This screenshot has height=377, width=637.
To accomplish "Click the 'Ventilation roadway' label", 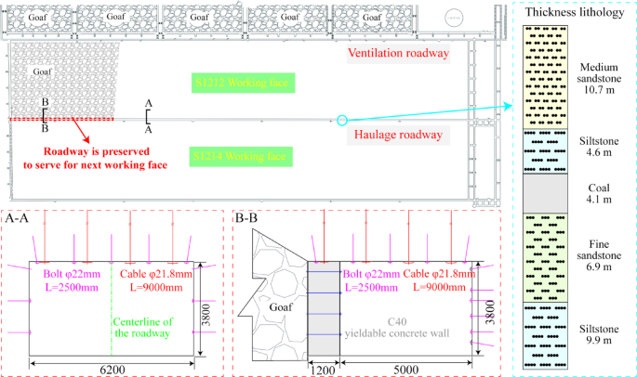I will click(x=398, y=54).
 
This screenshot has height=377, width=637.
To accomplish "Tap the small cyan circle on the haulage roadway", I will click(x=342, y=121).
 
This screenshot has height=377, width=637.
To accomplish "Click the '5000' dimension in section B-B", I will click(x=405, y=368).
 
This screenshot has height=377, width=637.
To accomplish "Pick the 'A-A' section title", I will click(x=20, y=219).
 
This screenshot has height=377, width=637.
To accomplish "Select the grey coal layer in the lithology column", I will click(x=548, y=191).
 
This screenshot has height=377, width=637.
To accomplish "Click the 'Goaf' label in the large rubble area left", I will click(x=44, y=71).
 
